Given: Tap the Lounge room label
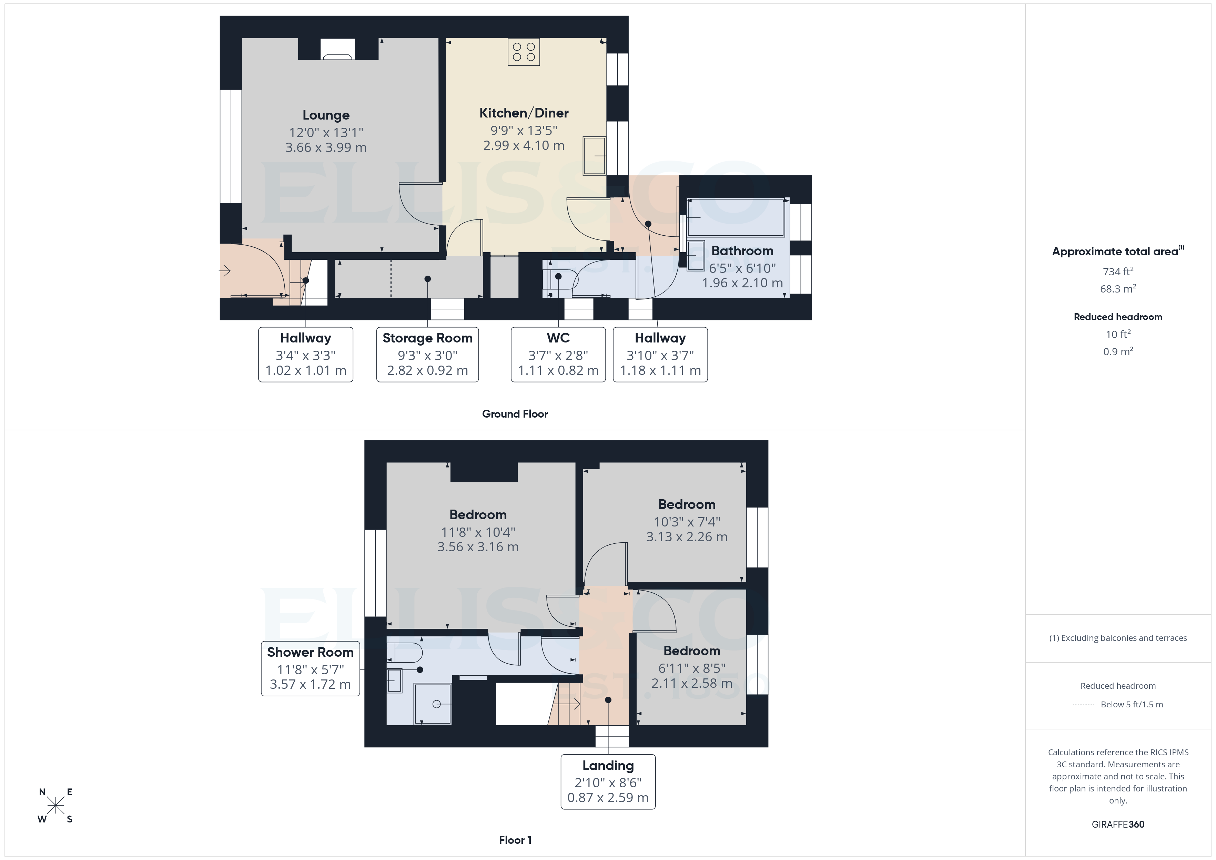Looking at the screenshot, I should pos(326,115).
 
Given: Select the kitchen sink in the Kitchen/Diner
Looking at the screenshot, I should pos(594,156).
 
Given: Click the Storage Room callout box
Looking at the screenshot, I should pos(427,354).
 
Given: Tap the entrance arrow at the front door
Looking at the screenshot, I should pos(225,271).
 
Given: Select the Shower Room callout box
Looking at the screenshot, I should pos(310,668).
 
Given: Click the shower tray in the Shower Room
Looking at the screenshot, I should pos(432,704).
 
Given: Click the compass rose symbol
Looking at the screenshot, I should pos(55,806).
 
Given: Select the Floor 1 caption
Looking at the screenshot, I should pos(515,840).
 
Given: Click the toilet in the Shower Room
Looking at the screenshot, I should pos(405,653).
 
